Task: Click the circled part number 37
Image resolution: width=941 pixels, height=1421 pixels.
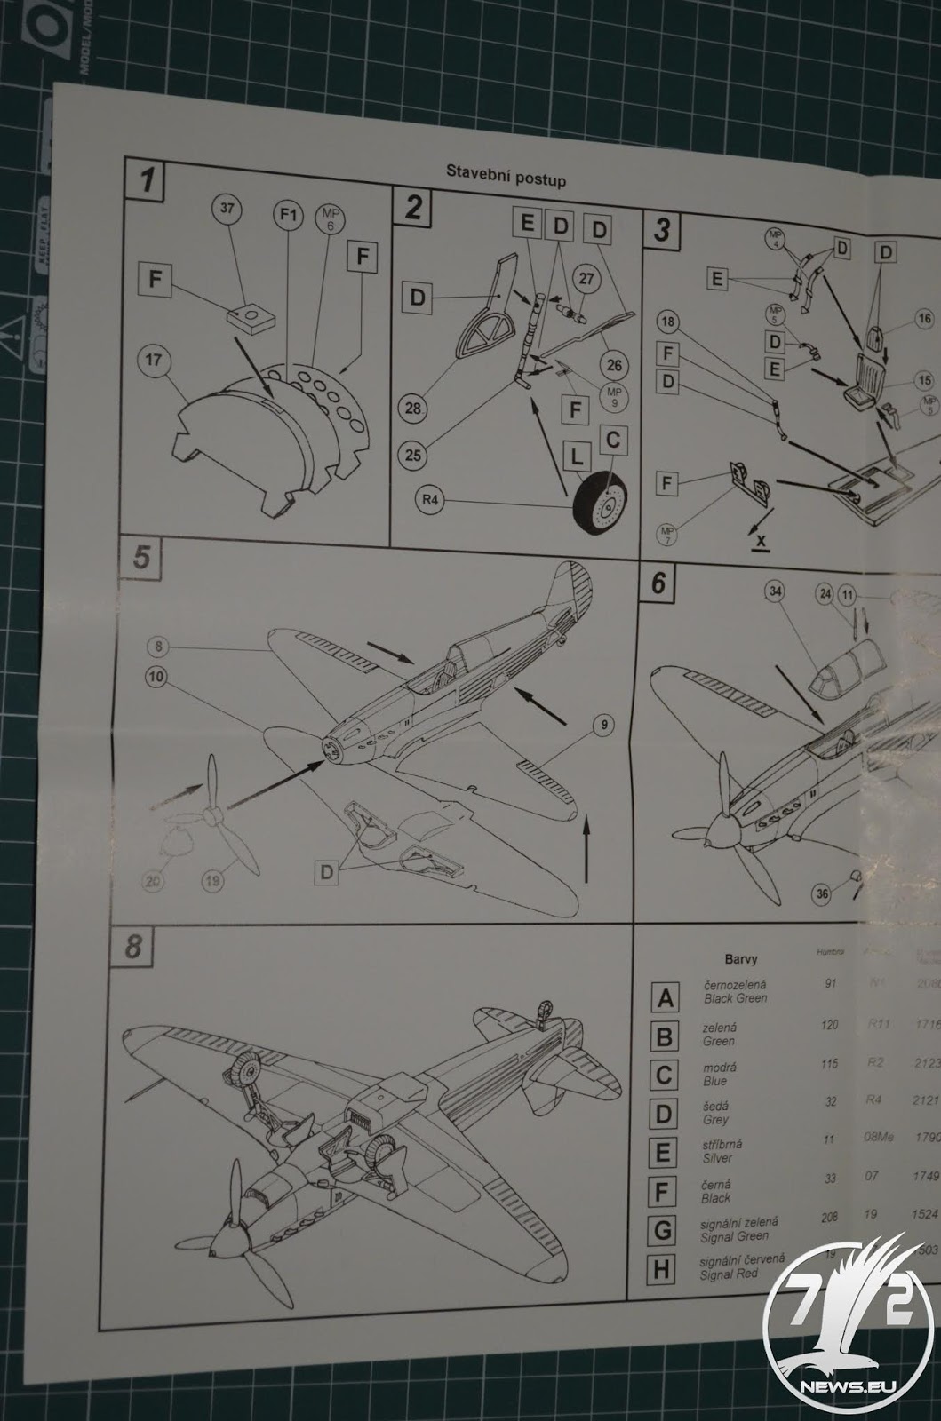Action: (227, 210)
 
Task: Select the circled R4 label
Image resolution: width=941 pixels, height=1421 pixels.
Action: (430, 500)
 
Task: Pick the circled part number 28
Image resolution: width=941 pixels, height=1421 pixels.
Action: (413, 408)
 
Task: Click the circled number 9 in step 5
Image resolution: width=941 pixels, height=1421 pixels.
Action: (603, 726)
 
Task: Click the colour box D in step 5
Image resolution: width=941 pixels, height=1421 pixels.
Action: (328, 872)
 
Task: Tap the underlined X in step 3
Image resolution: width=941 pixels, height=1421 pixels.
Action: (760, 539)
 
